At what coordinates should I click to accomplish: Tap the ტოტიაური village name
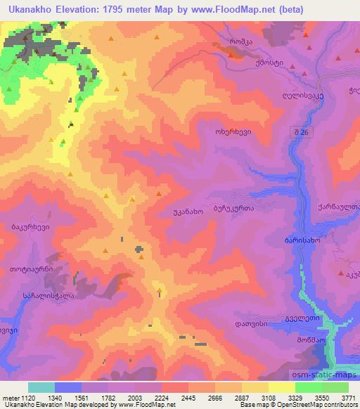click(x=32, y=269)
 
